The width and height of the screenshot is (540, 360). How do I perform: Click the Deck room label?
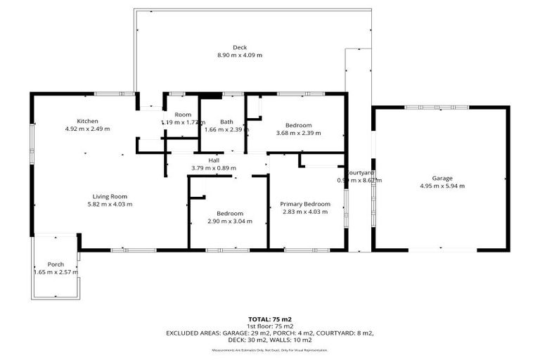pos(220,47)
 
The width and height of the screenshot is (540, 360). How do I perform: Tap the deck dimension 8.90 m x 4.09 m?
pos(240,55)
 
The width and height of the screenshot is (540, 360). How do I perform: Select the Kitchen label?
pos(87,121)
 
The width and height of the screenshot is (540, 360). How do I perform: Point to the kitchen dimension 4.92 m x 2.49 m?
pos(87,129)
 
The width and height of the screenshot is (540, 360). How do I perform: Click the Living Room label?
pos(110,196)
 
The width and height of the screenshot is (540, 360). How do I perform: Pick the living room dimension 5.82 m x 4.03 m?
pos(110,204)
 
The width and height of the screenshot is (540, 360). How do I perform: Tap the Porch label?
pos(56,264)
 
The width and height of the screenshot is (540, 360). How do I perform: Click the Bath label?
pos(226,122)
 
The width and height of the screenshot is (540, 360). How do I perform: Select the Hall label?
pos(214,160)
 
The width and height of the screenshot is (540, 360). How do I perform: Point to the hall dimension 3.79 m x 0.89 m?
pos(214,168)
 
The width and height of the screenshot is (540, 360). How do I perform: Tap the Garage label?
pos(442,178)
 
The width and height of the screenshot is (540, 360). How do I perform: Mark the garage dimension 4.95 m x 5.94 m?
pos(442,186)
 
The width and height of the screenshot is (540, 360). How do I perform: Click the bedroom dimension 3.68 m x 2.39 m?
pos(298,132)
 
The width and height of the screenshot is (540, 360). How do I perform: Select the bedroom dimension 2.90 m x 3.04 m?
pos(230,221)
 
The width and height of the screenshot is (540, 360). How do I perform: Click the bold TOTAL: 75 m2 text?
pos(269,319)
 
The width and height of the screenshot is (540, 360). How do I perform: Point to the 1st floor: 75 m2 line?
pos(269,326)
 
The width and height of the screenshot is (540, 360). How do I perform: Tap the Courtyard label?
pos(361,173)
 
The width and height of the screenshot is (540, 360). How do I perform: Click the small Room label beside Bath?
pos(183,115)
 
